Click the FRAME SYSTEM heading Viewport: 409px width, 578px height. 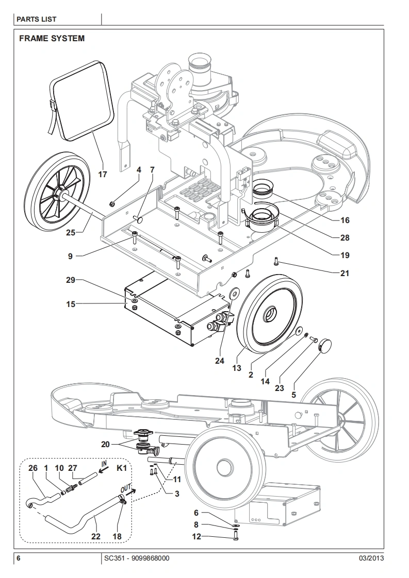[x=52, y=38]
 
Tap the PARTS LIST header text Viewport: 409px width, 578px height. [x=36, y=19]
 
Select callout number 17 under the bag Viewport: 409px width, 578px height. [x=103, y=174]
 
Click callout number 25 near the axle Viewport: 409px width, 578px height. [x=71, y=232]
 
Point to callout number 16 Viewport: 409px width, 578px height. [x=345, y=220]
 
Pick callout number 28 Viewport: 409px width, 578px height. [x=345, y=237]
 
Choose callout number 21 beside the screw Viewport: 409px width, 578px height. [x=345, y=273]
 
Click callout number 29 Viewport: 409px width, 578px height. [x=71, y=280]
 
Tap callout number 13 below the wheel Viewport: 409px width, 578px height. [x=237, y=368]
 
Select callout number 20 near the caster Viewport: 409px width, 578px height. [x=105, y=444]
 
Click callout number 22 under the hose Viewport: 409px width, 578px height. [x=95, y=536]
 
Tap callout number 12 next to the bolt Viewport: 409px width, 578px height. [x=197, y=537]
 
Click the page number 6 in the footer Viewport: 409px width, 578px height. [x=18, y=558]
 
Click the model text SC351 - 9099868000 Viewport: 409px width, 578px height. [x=136, y=558]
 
